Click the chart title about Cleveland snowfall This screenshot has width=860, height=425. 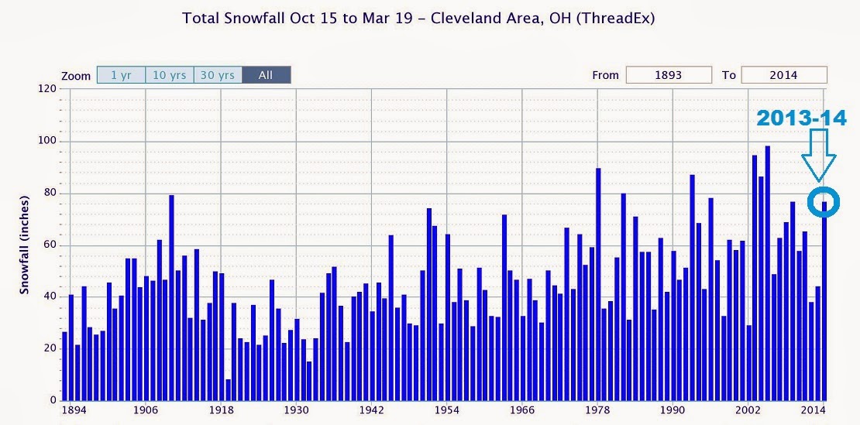(x=418, y=18)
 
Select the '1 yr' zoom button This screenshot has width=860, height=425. (x=121, y=76)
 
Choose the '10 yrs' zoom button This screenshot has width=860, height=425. (x=169, y=76)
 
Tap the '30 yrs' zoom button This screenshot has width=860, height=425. (x=217, y=76)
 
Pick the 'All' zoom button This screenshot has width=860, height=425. (x=266, y=76)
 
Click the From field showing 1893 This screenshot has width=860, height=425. (x=669, y=75)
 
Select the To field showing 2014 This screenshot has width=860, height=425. (x=783, y=75)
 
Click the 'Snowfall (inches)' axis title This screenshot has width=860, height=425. (x=26, y=245)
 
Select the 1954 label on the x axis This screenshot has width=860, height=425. (x=447, y=410)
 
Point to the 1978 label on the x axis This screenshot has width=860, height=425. (x=597, y=410)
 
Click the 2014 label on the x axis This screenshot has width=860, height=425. (x=814, y=410)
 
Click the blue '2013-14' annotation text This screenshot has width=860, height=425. (x=801, y=118)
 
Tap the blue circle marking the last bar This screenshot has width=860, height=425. (x=823, y=201)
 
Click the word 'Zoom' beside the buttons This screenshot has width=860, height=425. (x=76, y=76)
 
